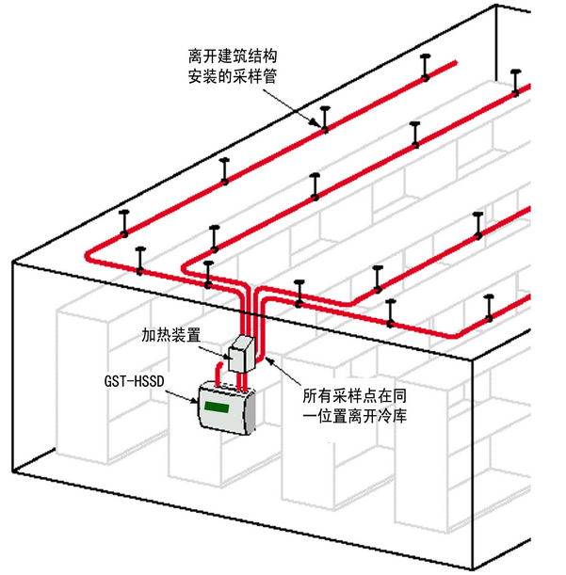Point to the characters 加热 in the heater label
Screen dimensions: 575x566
point(155,334)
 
